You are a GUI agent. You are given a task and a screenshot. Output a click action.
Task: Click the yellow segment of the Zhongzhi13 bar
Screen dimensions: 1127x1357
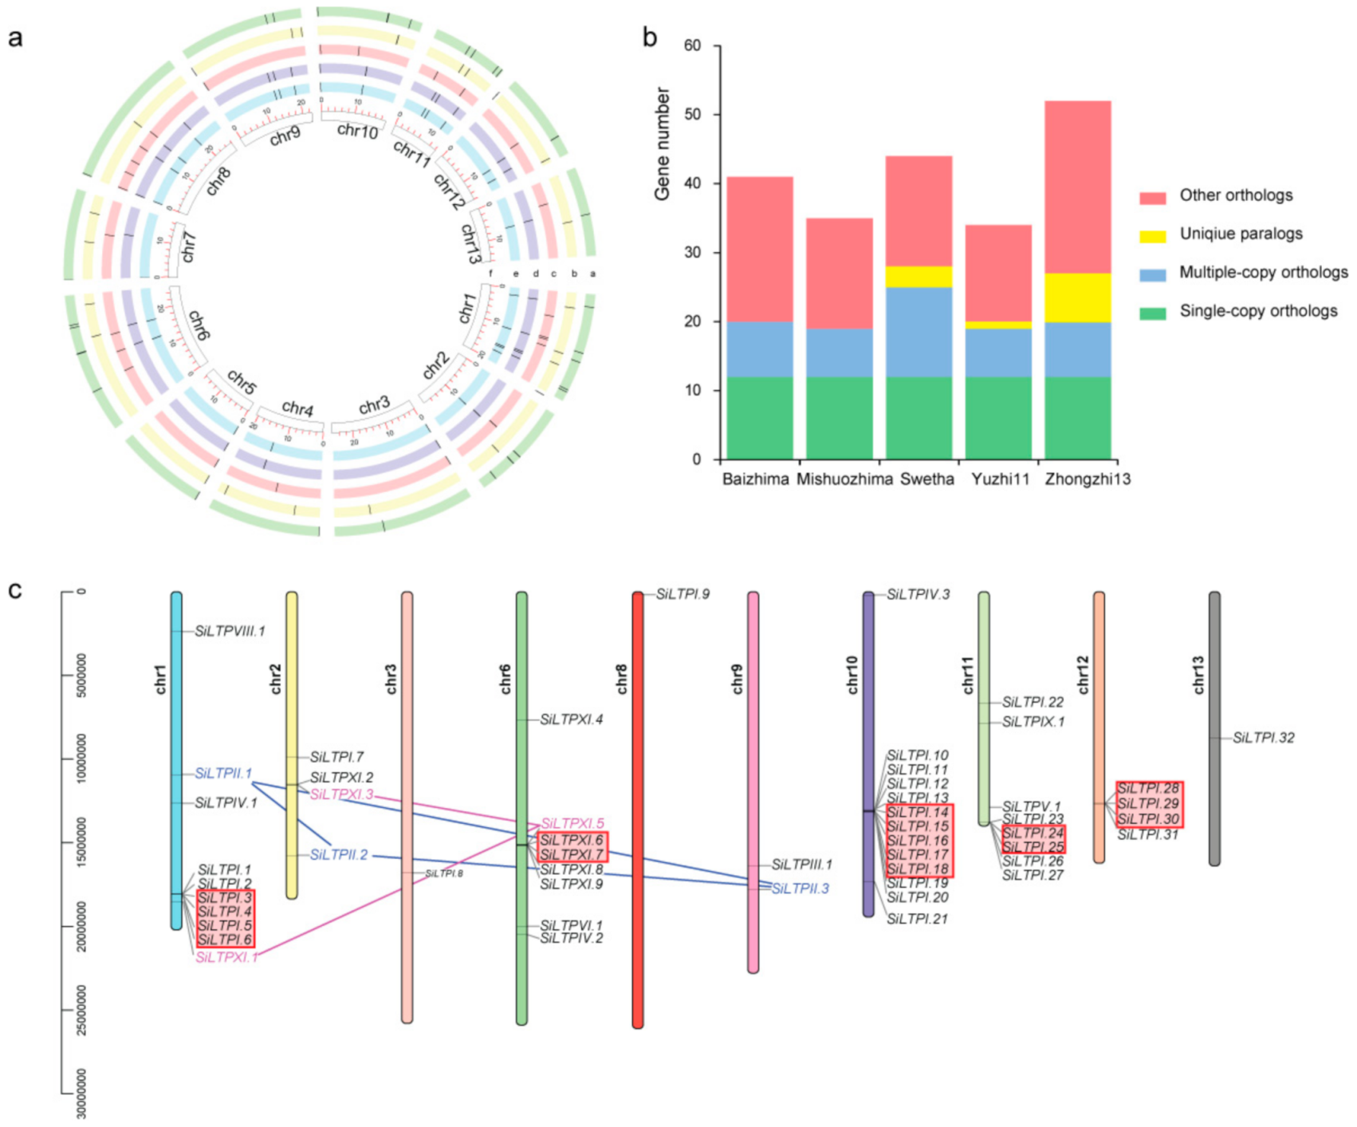[1077, 298]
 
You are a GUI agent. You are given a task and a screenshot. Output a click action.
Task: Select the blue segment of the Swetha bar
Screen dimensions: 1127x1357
[918, 332]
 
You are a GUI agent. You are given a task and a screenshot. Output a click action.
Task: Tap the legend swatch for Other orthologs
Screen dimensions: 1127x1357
[1152, 197]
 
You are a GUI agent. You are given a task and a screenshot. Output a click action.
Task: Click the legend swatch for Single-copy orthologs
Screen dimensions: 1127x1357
[1152, 313]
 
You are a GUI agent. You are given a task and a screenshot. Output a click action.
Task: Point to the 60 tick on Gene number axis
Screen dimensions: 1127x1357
[693, 46]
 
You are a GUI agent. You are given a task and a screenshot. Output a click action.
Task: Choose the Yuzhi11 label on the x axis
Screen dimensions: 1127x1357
[1000, 479]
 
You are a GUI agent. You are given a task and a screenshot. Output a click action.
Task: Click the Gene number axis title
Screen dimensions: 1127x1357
[663, 144]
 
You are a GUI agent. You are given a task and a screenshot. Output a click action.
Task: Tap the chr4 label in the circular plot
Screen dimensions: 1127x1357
[297, 408]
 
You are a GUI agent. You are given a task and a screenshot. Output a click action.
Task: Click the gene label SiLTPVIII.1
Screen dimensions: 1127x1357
[230, 632]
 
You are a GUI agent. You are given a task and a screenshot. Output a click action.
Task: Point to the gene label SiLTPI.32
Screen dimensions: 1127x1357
[1264, 738]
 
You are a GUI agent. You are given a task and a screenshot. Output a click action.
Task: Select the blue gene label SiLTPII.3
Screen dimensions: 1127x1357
[800, 889]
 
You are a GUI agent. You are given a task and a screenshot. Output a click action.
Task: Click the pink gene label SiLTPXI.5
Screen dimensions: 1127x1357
[572, 823]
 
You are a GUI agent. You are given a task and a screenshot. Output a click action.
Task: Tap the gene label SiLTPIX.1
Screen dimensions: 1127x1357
[1032, 722]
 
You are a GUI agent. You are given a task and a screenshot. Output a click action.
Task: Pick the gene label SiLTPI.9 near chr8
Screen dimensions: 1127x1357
[682, 594]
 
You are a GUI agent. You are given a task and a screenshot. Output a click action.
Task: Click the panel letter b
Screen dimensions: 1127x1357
[650, 37]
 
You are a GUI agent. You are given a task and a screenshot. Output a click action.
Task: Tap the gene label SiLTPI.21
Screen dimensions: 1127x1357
[917, 919]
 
